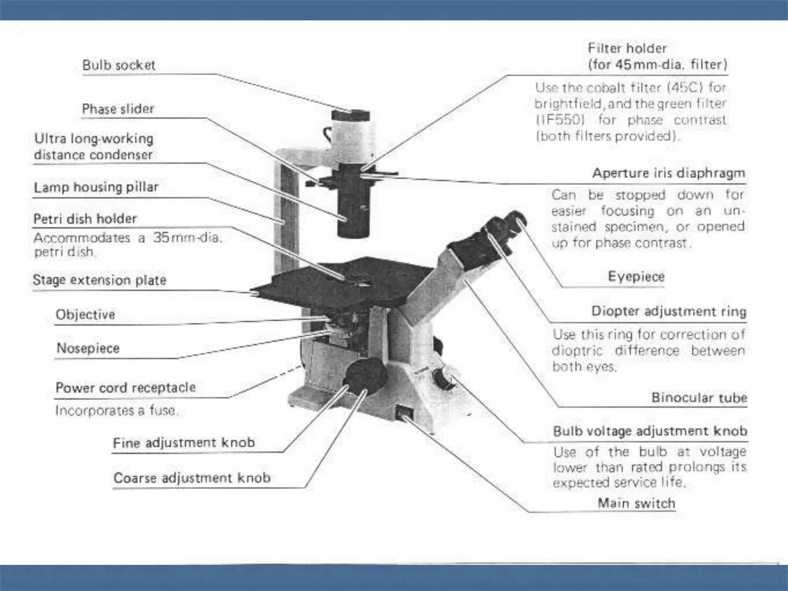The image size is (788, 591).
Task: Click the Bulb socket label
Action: point(119,65)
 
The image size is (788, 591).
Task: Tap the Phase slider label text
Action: point(118,109)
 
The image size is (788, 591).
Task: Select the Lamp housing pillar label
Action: point(96,187)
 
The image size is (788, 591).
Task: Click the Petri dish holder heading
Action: point(85,219)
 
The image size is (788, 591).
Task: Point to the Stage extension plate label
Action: point(99,280)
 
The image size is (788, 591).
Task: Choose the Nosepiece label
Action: point(88,348)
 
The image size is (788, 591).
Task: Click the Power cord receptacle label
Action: point(125,387)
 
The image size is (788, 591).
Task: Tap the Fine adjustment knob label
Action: point(184,443)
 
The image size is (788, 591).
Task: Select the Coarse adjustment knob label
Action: point(192,478)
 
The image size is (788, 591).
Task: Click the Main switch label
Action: point(636,503)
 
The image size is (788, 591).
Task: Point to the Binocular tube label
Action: point(699,397)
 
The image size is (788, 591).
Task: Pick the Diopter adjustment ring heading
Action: point(669,311)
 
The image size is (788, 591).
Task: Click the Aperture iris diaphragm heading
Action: point(668,173)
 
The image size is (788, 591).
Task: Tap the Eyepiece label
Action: point(636,276)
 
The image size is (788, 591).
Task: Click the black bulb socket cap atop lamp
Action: point(351,115)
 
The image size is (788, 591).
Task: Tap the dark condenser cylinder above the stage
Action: point(353,208)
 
